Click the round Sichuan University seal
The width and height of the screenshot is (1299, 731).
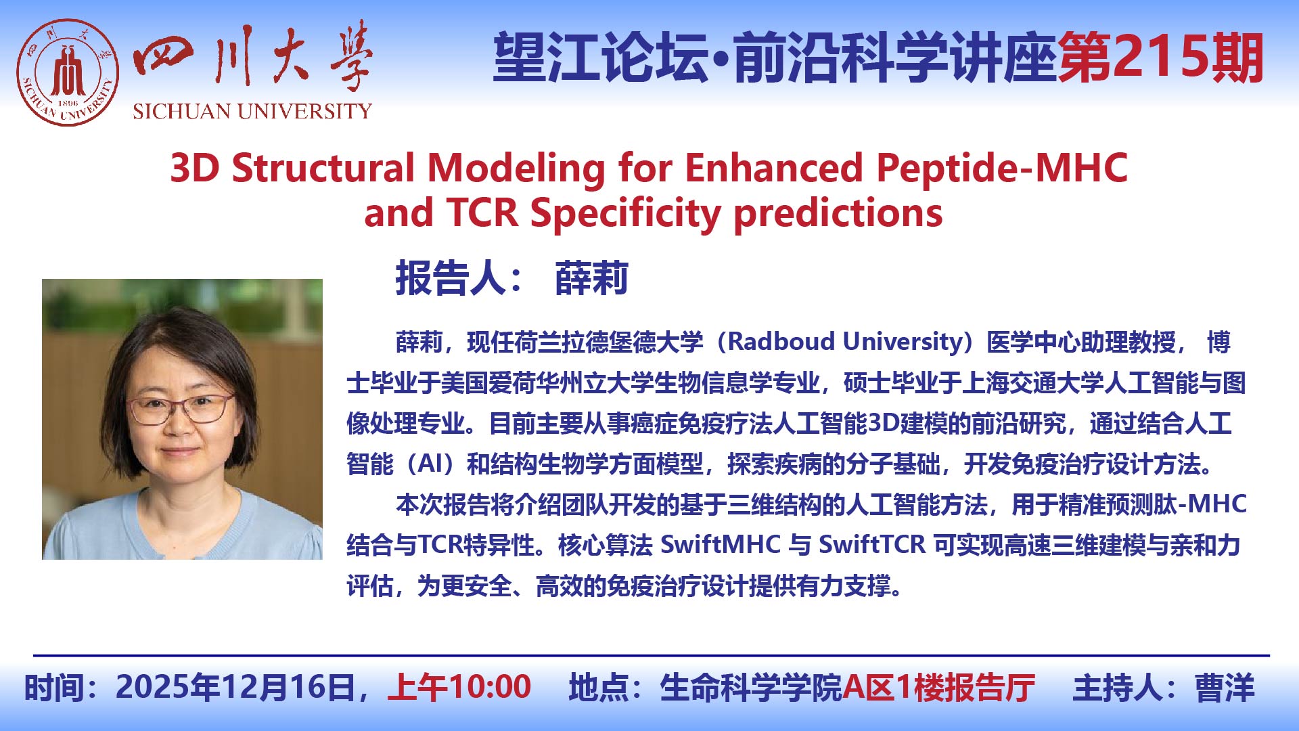click(68, 72)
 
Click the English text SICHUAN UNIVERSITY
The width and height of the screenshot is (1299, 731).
click(252, 111)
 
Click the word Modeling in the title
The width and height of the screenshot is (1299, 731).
click(516, 168)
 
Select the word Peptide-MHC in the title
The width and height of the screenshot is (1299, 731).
click(1002, 168)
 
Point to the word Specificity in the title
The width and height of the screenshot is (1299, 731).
click(626, 213)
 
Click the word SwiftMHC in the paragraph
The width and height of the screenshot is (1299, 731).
click(721, 545)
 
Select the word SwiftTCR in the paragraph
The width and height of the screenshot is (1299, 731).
click(872, 545)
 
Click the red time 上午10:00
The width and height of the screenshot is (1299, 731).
click(459, 687)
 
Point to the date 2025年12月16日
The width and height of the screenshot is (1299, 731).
click(235, 687)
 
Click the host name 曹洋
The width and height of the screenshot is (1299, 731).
click(1225, 688)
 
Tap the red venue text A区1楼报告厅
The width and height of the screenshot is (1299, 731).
click(939, 688)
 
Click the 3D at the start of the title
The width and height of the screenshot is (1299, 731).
click(195, 168)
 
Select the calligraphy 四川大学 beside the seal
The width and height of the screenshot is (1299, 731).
click(252, 57)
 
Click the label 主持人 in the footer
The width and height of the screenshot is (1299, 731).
click(1117, 688)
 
